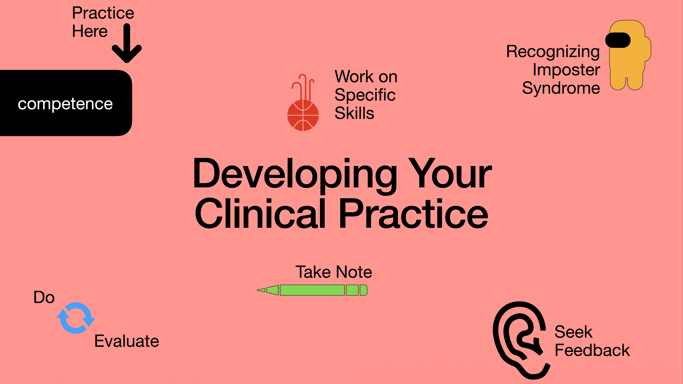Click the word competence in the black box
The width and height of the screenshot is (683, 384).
tap(65, 104)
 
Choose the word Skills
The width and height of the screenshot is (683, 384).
tap(354, 113)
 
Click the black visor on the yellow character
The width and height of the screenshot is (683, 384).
tap(618, 40)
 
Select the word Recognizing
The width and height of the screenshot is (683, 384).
tap(553, 52)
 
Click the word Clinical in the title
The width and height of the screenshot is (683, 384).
tap(260, 214)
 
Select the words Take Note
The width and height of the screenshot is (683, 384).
tap(334, 272)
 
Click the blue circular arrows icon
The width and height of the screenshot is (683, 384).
tap(76, 318)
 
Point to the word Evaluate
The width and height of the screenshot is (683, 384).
tap(127, 341)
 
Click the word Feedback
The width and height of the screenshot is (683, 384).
tap(592, 350)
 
